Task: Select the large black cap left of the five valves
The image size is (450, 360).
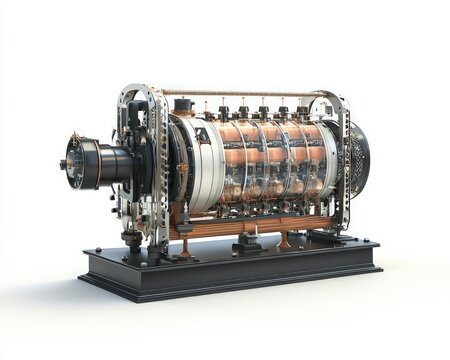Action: (x=182, y=105)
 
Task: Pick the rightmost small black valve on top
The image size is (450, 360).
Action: (x=302, y=111)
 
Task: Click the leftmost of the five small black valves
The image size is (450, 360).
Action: (x=222, y=112)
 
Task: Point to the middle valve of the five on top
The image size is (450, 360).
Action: (x=263, y=112)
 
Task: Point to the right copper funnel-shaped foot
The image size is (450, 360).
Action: (x=285, y=240)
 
